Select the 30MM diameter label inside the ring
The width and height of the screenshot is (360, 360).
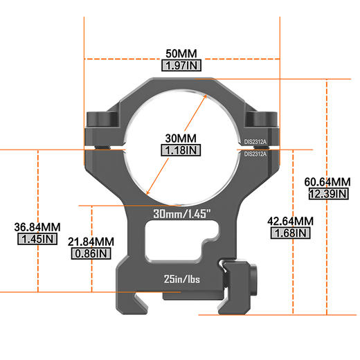coord(181,137)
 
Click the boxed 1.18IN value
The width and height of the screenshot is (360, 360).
coord(181,150)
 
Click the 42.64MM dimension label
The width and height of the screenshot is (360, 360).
coord(291,222)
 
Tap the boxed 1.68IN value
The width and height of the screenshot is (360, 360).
coord(291,233)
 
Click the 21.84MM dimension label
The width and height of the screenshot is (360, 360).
coord(91,242)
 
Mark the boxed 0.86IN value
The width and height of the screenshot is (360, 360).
coord(91,253)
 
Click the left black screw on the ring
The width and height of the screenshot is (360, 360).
coord(101,120)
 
